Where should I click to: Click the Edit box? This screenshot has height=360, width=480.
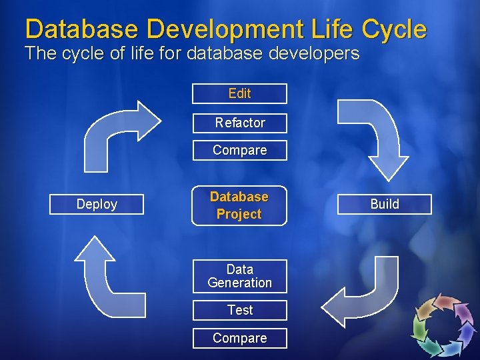click(239, 93)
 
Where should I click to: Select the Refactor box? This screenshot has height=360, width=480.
click(239, 123)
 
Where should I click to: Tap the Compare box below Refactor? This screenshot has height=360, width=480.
click(239, 150)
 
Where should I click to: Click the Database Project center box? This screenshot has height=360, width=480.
click(239, 205)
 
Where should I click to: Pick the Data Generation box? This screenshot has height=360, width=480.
click(239, 276)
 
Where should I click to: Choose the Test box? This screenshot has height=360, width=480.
click(239, 310)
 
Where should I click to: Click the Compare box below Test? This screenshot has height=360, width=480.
click(239, 338)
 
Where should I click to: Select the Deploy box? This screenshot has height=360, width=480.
click(97, 204)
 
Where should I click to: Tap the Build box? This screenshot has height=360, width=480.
click(385, 204)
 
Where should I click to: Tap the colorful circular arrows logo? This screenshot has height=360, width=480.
click(443, 326)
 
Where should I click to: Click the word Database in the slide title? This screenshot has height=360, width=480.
click(82, 29)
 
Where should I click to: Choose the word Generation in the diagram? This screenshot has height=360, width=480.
click(239, 283)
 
